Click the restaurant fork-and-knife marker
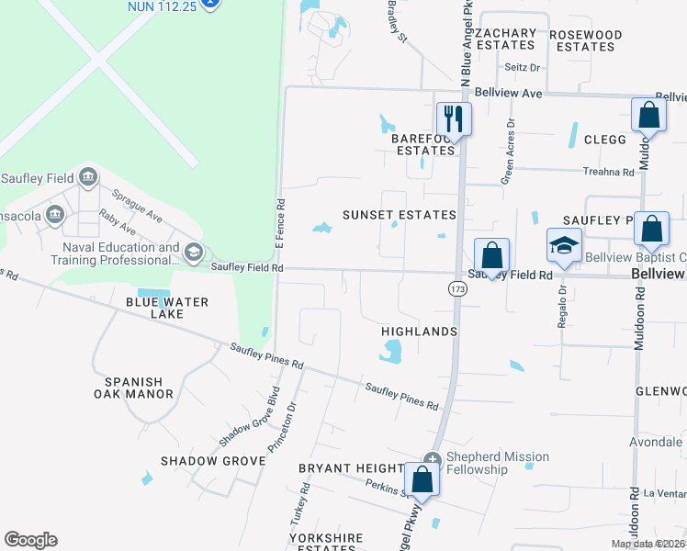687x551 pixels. click(x=453, y=118)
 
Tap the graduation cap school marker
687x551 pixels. click(x=563, y=245)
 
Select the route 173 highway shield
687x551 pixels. click(x=456, y=289)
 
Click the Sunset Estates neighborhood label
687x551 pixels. click(x=399, y=215)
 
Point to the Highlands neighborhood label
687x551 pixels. click(x=419, y=331)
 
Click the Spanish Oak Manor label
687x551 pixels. click(x=139, y=388)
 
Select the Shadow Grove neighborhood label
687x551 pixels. click(x=212, y=460)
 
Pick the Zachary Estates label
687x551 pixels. click(x=506, y=39)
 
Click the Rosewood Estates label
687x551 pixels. click(x=585, y=40)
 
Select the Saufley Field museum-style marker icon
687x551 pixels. click(x=88, y=176)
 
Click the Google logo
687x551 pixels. click(x=30, y=540)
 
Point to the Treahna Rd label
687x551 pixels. click(x=609, y=172)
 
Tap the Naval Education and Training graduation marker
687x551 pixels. click(x=193, y=251)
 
